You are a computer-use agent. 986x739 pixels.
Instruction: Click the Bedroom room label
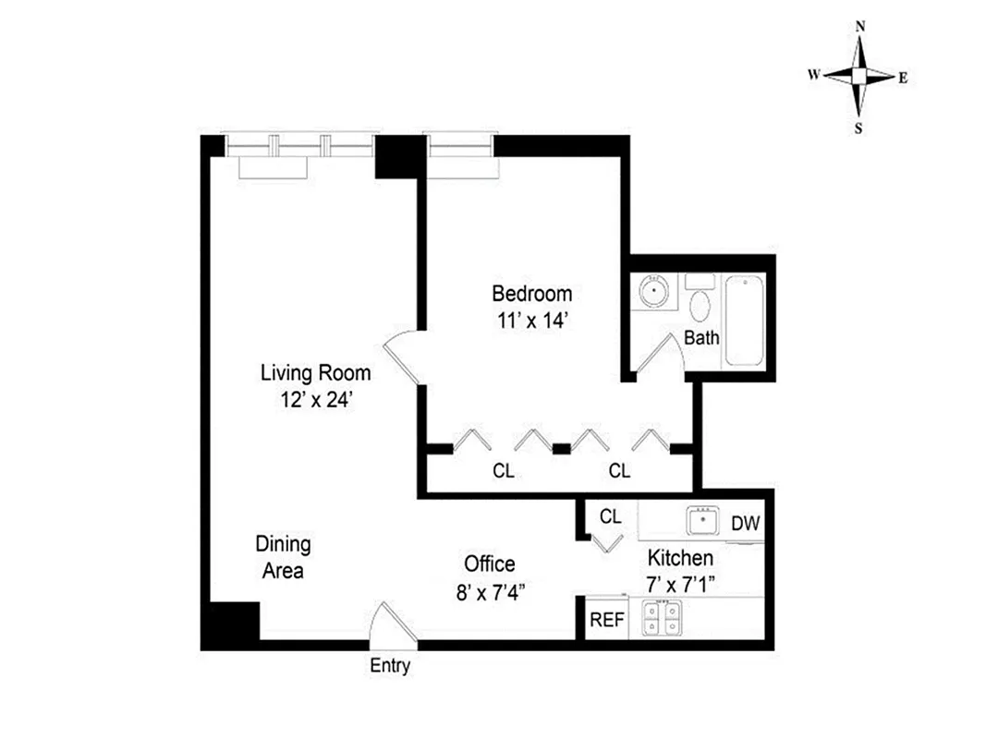coord(531,294)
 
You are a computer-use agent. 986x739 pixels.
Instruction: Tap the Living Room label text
coord(315,373)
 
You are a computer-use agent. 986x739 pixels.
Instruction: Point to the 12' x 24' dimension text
coord(315,399)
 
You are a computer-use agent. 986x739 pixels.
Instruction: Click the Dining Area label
coord(283,557)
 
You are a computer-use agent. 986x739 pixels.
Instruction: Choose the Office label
coord(490,564)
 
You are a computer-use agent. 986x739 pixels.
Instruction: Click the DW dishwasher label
coord(745,524)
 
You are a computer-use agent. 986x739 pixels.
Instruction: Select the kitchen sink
coord(704,521)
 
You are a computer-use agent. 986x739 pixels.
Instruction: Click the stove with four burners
coord(662,618)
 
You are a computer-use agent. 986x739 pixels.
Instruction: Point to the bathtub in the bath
coord(745,320)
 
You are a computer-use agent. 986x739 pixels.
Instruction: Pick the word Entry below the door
coord(390,665)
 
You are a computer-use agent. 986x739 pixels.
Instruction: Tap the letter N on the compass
coord(860,27)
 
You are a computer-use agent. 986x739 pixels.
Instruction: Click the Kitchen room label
coord(679,558)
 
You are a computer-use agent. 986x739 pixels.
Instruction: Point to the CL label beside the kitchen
coord(610,516)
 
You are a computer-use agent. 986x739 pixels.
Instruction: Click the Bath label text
coord(701,338)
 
